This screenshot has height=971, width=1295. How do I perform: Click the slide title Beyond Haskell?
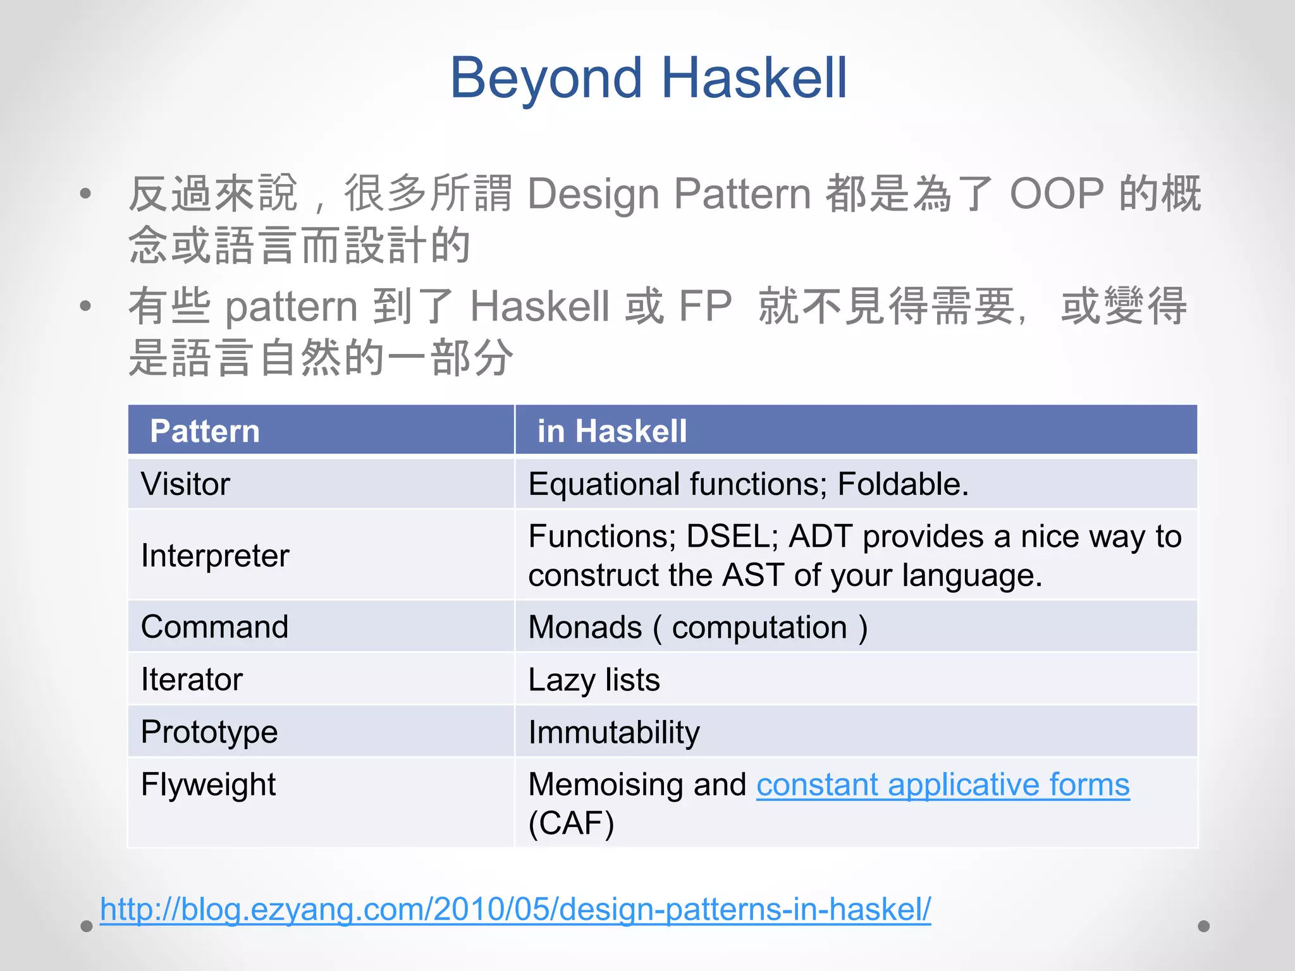point(647,78)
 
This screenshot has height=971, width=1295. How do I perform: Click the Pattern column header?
point(205,431)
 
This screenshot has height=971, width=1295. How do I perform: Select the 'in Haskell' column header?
point(611,431)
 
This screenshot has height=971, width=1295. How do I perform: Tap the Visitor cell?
point(185,484)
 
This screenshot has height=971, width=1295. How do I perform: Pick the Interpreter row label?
point(215,556)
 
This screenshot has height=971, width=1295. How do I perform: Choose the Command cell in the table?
point(214,627)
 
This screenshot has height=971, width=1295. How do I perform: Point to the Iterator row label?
point(192,680)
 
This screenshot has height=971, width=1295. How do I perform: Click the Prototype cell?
point(209,732)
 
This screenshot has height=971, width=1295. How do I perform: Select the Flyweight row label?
point(208,785)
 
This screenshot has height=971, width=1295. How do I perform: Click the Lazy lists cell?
point(594,680)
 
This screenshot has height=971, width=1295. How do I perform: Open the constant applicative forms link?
point(942,785)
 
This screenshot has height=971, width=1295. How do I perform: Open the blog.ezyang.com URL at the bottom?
point(515,910)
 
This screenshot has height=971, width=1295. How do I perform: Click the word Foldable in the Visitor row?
point(902,484)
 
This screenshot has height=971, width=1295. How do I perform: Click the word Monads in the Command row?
point(585,627)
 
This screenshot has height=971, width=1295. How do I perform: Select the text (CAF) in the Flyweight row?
point(571,823)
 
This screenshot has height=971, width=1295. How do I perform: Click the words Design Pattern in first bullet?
point(668,193)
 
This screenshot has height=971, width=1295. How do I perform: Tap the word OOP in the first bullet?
point(1057,193)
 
